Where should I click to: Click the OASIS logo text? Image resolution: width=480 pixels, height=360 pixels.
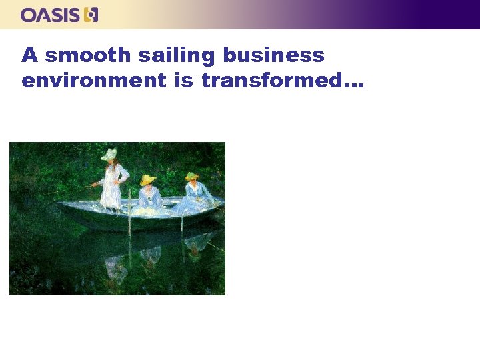[x=51, y=15]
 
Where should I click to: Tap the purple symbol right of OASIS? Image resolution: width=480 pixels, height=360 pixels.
[x=91, y=15]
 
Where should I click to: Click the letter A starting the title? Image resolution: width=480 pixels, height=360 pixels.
[x=29, y=55]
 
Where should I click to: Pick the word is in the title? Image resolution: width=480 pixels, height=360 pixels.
[x=183, y=81]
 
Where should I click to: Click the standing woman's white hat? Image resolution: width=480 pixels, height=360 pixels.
[x=109, y=155]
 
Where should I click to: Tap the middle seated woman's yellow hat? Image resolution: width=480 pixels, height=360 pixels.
[x=147, y=179]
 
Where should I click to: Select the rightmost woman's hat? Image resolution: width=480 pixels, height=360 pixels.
[x=192, y=176]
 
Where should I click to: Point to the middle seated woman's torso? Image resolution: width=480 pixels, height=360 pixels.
[x=149, y=196]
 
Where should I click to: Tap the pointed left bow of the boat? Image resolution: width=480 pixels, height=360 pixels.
[x=61, y=205]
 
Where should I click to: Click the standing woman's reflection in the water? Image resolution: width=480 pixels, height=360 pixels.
[x=115, y=267]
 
